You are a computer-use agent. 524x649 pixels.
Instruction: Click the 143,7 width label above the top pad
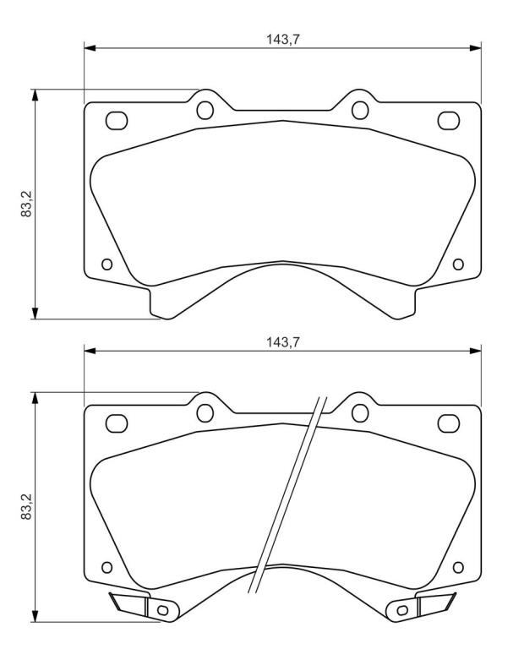[282, 40]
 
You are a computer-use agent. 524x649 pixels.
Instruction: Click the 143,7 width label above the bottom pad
[282, 342]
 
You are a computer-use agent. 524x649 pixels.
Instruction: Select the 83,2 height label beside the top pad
[26, 204]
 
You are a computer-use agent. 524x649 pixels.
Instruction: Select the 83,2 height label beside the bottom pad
[26, 507]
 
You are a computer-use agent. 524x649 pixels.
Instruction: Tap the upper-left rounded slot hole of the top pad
[117, 121]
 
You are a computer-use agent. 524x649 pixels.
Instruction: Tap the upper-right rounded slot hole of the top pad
[449, 121]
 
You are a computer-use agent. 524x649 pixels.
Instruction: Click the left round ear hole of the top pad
[205, 110]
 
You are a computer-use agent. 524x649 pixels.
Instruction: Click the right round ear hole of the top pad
[360, 110]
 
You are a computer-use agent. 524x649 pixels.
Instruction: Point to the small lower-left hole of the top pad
[106, 264]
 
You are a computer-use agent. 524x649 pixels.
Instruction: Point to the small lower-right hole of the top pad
[458, 264]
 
